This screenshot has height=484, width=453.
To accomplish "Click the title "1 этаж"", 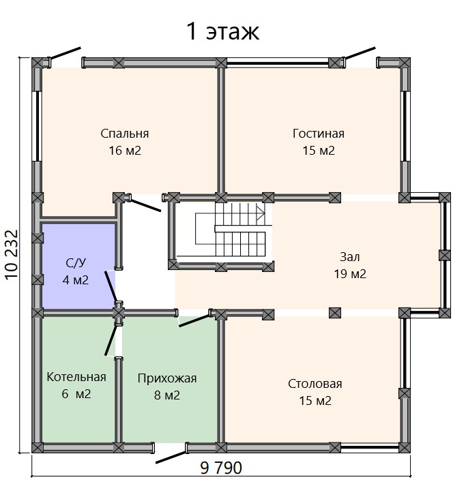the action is (222, 31).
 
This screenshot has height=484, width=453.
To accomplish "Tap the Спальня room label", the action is (125, 134).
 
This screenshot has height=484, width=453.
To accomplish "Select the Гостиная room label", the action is (319, 134).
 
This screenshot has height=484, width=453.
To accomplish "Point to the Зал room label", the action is (350, 257).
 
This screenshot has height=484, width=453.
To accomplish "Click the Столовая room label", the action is (315, 384).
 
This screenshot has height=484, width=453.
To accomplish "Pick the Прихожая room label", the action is (167, 378).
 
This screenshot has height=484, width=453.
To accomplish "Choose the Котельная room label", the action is (76, 377).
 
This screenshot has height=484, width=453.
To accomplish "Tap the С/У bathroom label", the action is (76, 263).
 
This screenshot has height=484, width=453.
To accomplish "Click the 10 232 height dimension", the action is (12, 255).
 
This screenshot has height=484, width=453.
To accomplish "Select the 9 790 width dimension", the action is (221, 468).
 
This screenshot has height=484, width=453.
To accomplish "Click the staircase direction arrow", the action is (261, 213).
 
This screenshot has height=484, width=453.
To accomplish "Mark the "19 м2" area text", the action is (350, 274).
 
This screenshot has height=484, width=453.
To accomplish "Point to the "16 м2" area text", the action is (125, 151).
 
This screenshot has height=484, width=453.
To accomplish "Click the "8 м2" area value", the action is (167, 395).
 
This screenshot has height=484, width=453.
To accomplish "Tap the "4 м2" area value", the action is (76, 280).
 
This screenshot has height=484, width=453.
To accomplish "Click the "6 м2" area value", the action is (76, 394).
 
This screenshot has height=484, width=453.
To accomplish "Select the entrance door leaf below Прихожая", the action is (171, 457).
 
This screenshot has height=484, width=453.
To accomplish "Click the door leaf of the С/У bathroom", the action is (111, 286).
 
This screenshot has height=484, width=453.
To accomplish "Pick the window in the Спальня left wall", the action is (37, 126).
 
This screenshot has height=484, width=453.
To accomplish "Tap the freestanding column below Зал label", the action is (335, 313).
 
